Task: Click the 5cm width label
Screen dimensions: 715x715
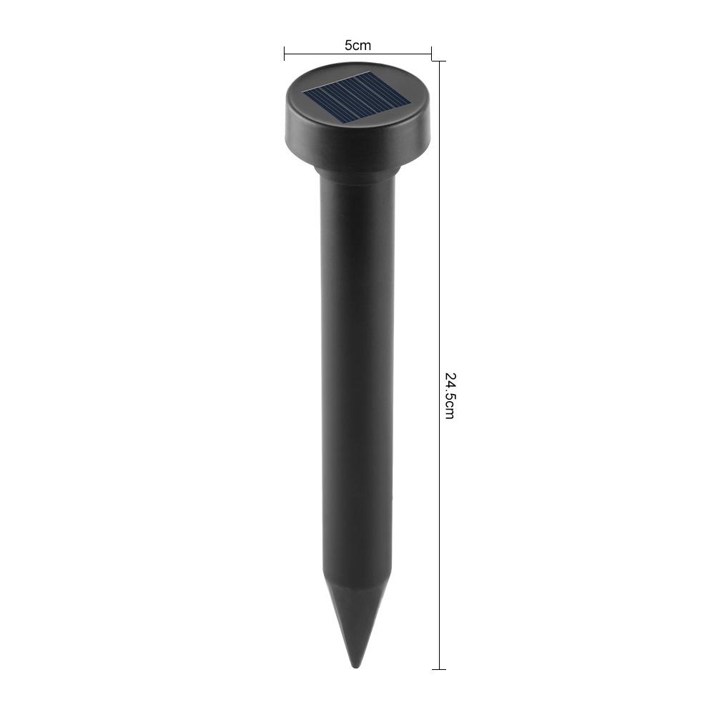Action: pyautogui.click(x=357, y=46)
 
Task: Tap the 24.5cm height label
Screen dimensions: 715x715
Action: pyautogui.click(x=450, y=396)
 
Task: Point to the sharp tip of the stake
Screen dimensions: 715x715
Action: pyautogui.click(x=356, y=668)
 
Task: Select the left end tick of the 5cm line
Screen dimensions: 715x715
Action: pyautogui.click(x=284, y=54)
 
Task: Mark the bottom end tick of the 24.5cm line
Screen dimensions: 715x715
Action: pyautogui.click(x=439, y=669)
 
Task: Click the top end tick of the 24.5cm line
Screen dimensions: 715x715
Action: pyautogui.click(x=439, y=61)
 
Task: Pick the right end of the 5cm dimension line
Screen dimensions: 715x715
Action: pyautogui.click(x=431, y=54)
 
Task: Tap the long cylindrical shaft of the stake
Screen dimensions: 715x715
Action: pyautogui.click(x=356, y=374)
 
